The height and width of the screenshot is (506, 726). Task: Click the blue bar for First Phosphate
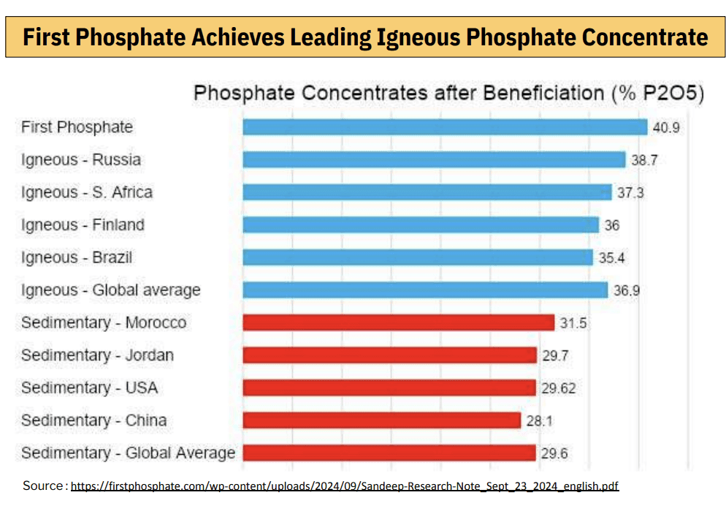445,127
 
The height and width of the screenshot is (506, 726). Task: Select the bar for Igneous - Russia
434,159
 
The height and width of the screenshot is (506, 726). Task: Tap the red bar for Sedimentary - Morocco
398,322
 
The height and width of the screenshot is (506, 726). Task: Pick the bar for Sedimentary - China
381,420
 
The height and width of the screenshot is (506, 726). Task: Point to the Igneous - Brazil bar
417,257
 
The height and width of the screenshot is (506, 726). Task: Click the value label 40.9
666,128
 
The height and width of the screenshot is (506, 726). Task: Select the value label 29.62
558,388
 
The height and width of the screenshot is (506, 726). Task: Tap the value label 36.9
627,290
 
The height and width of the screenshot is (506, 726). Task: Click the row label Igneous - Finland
83,225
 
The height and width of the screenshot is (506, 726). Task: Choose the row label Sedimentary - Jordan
97,355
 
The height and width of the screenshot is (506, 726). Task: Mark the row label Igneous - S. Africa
87,192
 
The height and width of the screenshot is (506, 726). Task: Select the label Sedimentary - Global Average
128,453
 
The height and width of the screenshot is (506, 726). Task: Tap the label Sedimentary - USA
89,388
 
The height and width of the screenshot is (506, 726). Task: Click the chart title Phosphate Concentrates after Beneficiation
448,94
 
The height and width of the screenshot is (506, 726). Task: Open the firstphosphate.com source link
345,486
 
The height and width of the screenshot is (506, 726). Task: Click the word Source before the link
44,486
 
